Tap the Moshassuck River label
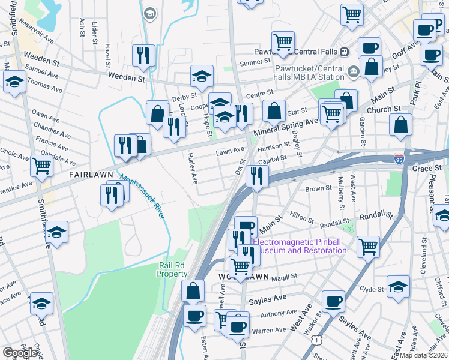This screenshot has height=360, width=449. (141, 196)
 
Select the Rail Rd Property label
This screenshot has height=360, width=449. (172, 269)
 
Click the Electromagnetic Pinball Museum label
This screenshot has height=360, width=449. (300, 246)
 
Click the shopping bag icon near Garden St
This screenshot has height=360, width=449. (400, 125)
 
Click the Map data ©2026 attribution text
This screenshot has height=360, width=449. (423, 355)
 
